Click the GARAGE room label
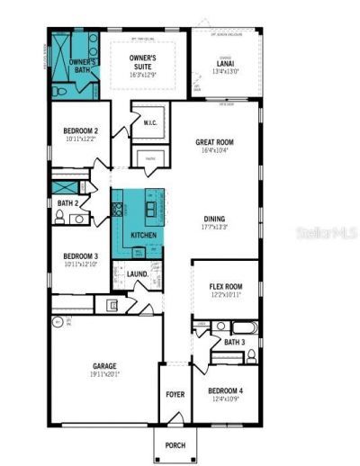coord(105,366)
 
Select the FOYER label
coord(174,395)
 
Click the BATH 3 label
coord(234,342)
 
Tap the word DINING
coord(215,219)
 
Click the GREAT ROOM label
coord(216,142)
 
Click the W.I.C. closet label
coord(150,123)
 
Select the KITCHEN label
coord(144,235)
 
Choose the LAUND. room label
coord(138,273)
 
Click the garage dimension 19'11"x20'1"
coord(105,374)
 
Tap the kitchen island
coord(150,209)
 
